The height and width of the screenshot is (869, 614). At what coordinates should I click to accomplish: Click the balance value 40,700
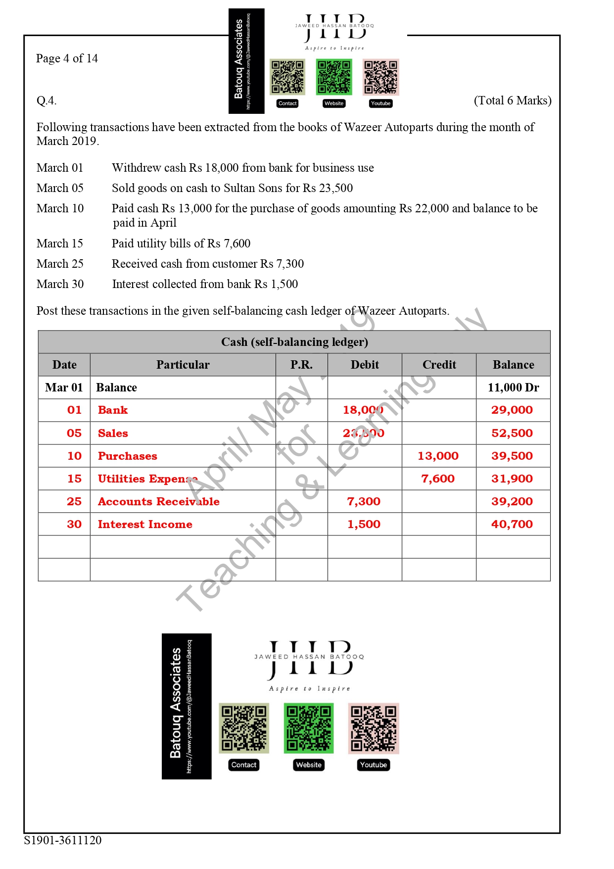coord(512,524)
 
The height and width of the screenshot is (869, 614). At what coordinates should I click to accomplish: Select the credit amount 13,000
coord(438,456)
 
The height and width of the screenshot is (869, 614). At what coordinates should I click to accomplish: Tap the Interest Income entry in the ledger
coord(145,524)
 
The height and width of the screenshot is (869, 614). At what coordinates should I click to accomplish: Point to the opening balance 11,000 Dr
coord(513,387)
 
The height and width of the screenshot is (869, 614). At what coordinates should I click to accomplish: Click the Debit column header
coord(365,365)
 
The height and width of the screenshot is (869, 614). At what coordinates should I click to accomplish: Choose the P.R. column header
coord(301,365)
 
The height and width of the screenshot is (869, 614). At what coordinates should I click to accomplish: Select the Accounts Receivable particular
coord(158,501)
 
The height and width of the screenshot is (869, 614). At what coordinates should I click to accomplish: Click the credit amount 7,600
coord(438,479)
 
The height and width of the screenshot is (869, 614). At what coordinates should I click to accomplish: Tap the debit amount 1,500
coord(364,524)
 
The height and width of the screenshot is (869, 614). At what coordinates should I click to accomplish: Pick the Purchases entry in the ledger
coord(127,456)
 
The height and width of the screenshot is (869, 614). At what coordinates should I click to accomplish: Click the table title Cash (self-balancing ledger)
coord(294,342)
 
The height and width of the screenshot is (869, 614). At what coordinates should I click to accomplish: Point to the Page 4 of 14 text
coord(67,58)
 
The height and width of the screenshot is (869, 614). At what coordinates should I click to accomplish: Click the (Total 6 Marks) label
coord(512,100)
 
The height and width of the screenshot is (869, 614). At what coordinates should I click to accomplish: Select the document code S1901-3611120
coord(63,840)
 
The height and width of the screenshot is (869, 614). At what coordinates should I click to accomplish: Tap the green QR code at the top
coord(334,77)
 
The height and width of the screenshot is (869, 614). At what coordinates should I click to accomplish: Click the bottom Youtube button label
coord(374,765)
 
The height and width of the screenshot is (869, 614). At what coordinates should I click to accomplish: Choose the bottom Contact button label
coord(244,765)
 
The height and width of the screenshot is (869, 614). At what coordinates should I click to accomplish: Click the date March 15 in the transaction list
coord(60,243)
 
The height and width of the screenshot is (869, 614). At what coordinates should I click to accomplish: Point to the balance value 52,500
coord(512,433)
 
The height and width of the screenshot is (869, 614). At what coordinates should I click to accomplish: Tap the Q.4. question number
coord(47,101)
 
